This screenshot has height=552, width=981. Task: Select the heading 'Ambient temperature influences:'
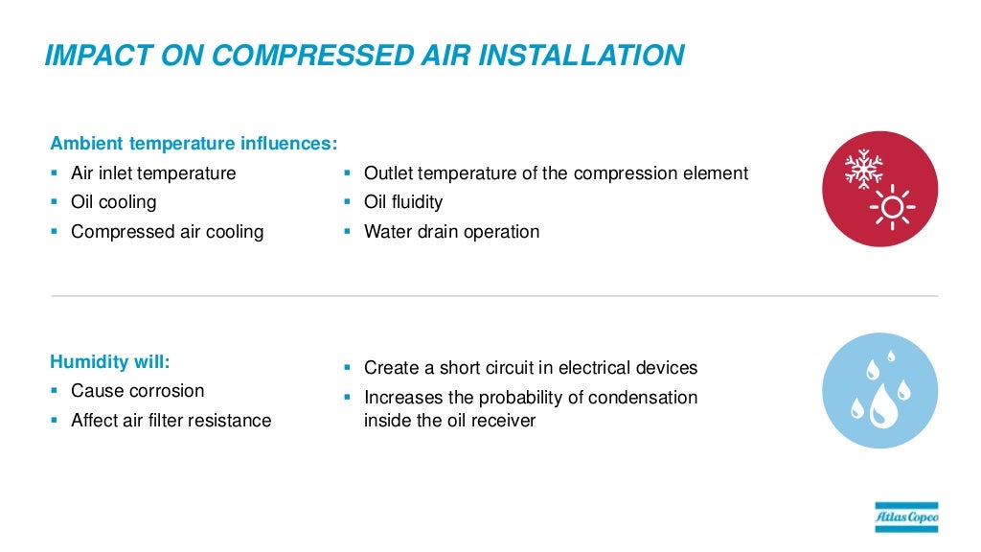coord(194,144)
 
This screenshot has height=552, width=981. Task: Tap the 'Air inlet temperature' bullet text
coord(153,173)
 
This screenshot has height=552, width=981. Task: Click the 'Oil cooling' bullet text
coord(113,202)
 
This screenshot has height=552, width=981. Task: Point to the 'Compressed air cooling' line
coord(167,231)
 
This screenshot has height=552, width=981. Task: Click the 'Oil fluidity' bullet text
coord(403,202)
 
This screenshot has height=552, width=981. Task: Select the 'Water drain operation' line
coord(451,231)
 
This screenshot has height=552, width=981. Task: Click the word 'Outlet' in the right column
coord(389,173)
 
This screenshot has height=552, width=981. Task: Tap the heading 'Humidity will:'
coord(109,362)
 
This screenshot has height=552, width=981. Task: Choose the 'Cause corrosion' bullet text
coord(137,391)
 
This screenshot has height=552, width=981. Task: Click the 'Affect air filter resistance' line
coord(171,420)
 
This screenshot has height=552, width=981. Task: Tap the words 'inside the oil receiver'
coord(449,420)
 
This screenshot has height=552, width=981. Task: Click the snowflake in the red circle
coord(863,169)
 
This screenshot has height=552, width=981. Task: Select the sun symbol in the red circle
coord(893,206)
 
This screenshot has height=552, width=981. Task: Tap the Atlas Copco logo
coord(906,517)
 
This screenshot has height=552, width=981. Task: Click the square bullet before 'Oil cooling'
coord(55,202)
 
